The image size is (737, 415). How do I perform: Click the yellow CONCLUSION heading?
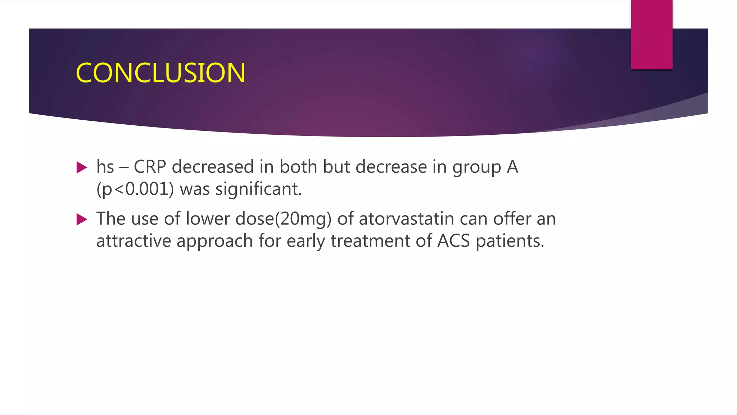[x=160, y=73]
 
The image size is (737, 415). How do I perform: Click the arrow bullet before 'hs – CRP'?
[x=82, y=168]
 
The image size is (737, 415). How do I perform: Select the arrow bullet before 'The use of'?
[x=82, y=219]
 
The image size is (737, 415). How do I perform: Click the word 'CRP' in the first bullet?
[x=150, y=167]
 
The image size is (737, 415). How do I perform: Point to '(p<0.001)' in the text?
[x=135, y=189]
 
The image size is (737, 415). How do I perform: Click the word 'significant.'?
[x=258, y=189]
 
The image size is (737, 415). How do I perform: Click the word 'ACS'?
[x=453, y=241]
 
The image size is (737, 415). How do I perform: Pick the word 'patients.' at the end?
[x=510, y=241]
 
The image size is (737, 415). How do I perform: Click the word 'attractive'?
[x=134, y=241]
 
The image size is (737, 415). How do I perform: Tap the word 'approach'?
[x=215, y=241]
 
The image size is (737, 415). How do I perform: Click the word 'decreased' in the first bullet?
[x=213, y=167]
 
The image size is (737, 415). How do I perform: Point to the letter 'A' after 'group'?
[x=512, y=167]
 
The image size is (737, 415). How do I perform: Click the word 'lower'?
[x=207, y=219]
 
